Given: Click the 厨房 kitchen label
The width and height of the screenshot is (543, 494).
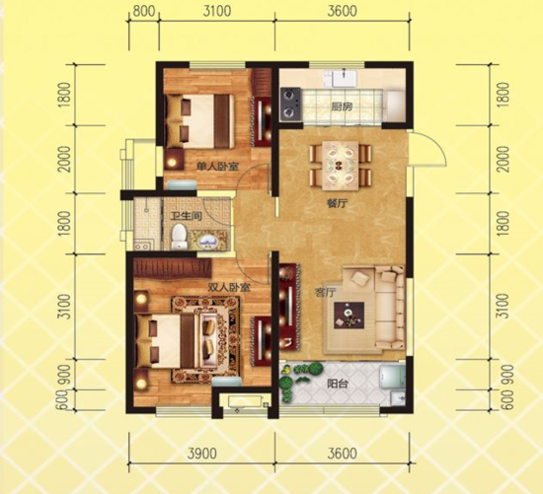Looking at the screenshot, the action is click(x=342, y=106).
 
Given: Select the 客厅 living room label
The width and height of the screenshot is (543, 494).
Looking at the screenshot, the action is click(x=325, y=294).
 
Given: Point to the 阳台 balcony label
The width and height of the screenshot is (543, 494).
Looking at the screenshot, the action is click(x=338, y=384).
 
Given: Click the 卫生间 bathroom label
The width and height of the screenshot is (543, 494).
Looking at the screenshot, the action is click(x=187, y=217).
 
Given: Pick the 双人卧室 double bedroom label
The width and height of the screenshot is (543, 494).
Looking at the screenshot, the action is click(x=229, y=287).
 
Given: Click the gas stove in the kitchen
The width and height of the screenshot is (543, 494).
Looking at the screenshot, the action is click(x=290, y=105).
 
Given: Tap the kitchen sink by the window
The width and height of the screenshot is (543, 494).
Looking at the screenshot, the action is click(x=341, y=79).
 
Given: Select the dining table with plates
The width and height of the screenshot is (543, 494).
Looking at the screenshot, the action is click(x=341, y=166).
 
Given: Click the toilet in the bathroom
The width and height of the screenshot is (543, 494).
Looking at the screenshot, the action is click(x=179, y=237).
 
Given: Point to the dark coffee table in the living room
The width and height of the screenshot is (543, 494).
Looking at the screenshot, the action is click(x=349, y=316).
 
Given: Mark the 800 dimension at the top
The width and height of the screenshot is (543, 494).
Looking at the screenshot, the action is click(x=144, y=11).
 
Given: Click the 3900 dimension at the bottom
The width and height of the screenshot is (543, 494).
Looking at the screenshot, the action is click(x=201, y=454).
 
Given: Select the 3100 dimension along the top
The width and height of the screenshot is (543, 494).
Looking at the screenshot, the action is click(x=217, y=11).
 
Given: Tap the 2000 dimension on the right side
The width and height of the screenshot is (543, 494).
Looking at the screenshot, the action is click(x=504, y=159).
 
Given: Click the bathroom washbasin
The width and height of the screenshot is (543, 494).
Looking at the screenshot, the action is click(x=206, y=241).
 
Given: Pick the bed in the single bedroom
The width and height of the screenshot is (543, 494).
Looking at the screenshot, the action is click(x=198, y=121).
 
